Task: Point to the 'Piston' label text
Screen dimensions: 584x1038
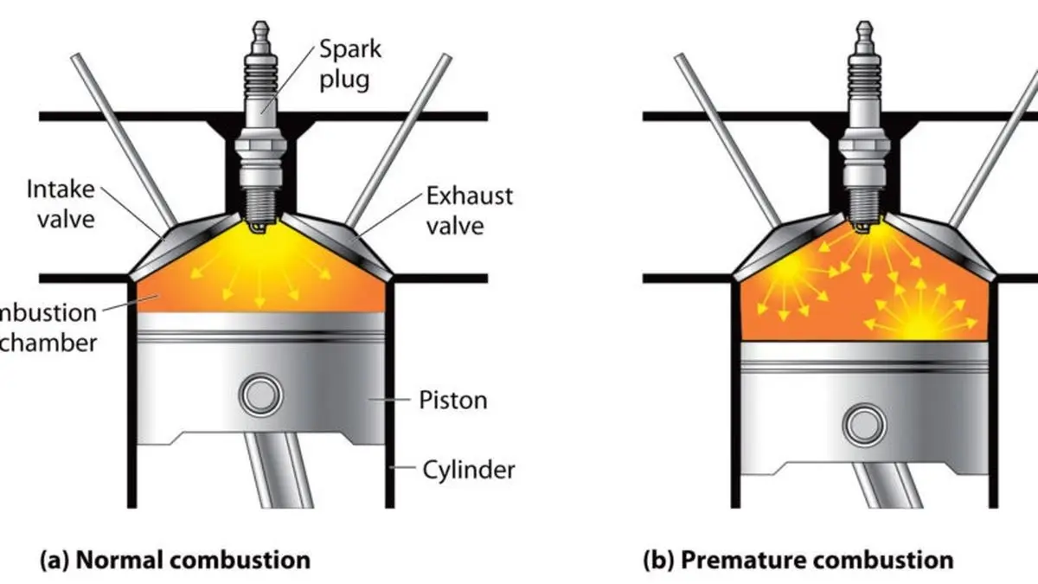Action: point(452,400)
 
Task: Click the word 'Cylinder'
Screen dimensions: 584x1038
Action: point(468,470)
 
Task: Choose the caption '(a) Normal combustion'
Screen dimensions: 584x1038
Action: point(175,559)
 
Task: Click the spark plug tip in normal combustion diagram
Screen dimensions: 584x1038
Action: point(258,226)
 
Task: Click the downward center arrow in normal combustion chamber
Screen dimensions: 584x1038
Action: point(259,291)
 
